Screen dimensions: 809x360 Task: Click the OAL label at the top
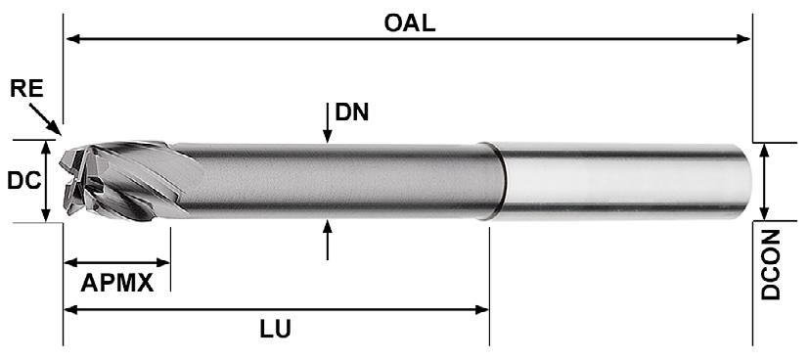coord(410,23)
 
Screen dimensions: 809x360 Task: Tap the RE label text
coord(26,89)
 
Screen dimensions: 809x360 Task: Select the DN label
coord(352,112)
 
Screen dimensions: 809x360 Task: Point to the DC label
coord(23,181)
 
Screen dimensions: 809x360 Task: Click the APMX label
coord(117,283)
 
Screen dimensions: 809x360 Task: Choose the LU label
coord(275,330)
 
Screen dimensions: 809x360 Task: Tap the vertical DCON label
coord(771,264)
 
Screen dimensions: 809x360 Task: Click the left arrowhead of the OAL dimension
coord(72,39)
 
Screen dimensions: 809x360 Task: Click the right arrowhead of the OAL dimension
coord(743,39)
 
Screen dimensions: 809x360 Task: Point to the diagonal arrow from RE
coord(45,119)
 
